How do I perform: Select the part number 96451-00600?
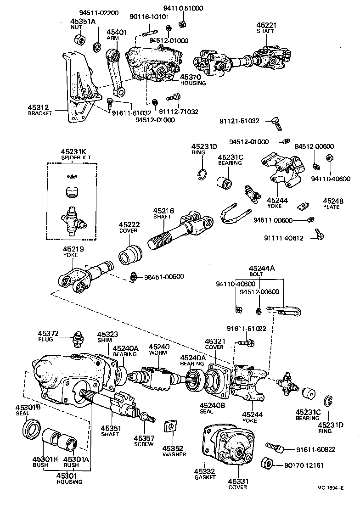coord(164,276)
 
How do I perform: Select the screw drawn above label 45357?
coord(147,417)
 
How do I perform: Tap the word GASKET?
coord(204,477)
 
